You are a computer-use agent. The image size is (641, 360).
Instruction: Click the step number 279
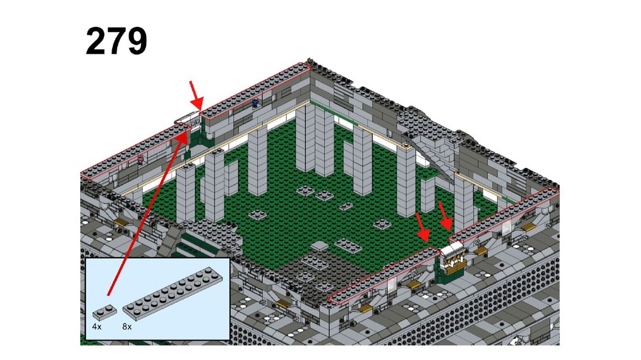click(x=116, y=41)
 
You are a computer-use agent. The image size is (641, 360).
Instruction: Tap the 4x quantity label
click(x=97, y=327)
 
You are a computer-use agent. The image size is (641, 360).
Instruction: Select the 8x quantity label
click(x=127, y=327)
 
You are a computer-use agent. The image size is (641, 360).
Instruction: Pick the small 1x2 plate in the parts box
click(x=104, y=312)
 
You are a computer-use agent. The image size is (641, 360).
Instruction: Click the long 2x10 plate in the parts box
click(x=172, y=293)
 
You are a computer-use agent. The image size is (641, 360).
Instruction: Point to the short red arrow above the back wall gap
click(x=196, y=95)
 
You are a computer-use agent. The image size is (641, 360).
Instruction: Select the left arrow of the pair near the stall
click(x=422, y=227)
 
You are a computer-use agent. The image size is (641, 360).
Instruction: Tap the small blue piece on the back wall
click(x=256, y=102)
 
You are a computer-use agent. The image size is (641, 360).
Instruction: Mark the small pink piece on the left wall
click(x=141, y=160)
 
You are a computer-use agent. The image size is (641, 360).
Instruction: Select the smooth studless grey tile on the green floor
click(x=320, y=245)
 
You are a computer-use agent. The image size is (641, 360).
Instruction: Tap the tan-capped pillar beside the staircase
click(x=406, y=180)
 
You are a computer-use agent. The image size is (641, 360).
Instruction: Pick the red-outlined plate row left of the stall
click(x=384, y=275)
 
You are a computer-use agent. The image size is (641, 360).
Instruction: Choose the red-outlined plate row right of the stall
click(x=504, y=214)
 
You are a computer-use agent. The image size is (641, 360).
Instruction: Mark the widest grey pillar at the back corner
click(x=315, y=140)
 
